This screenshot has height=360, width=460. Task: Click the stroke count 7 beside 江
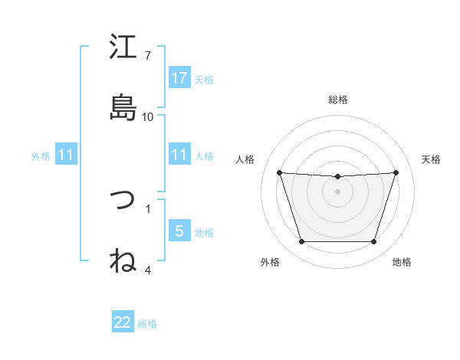point(148,55)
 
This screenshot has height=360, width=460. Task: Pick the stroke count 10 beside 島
point(148,116)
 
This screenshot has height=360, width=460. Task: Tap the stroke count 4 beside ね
point(148,270)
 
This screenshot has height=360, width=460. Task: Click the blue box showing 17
point(179,78)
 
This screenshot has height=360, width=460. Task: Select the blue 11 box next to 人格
point(179,155)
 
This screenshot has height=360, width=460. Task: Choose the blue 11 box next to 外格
point(66,155)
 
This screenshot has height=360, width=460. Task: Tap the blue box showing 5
point(179,231)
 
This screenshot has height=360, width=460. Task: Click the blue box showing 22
point(123,322)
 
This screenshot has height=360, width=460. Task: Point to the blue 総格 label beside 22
point(147,324)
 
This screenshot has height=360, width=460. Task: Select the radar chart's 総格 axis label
point(338,100)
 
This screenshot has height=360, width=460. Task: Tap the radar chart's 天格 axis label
point(432,159)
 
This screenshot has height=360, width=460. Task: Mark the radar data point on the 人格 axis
point(280,172)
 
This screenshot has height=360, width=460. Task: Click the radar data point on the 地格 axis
point(373,242)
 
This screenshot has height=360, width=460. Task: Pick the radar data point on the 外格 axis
point(301,242)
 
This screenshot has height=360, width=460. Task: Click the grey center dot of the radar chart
point(337,191)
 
